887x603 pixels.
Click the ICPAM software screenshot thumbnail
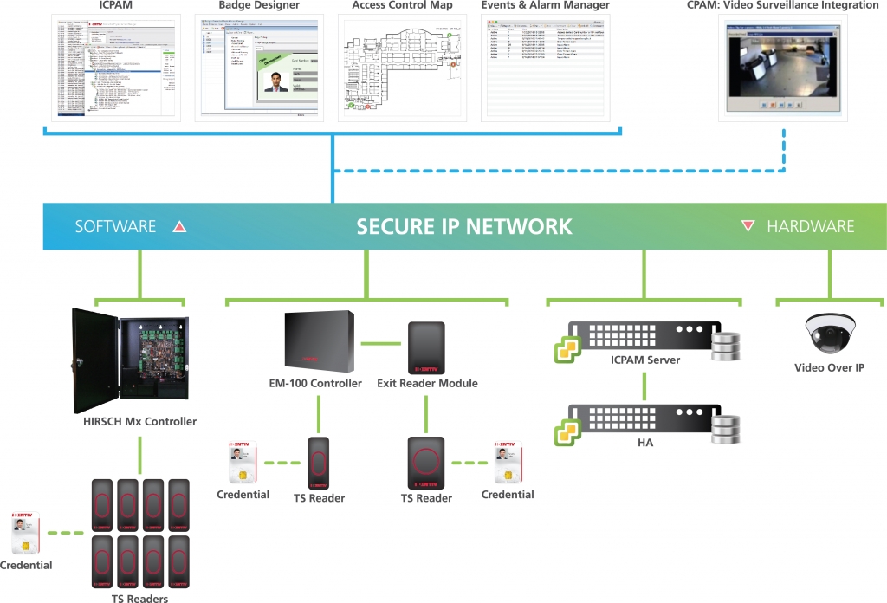point(114,66)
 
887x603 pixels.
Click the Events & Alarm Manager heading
point(545,6)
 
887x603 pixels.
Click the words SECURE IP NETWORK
point(464,227)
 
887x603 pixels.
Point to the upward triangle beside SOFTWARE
point(180,227)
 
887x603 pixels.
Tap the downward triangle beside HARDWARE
point(748,227)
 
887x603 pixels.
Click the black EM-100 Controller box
point(318,340)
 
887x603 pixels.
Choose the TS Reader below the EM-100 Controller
point(319,463)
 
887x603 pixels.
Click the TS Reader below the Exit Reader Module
point(426,462)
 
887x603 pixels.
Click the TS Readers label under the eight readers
point(139,598)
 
